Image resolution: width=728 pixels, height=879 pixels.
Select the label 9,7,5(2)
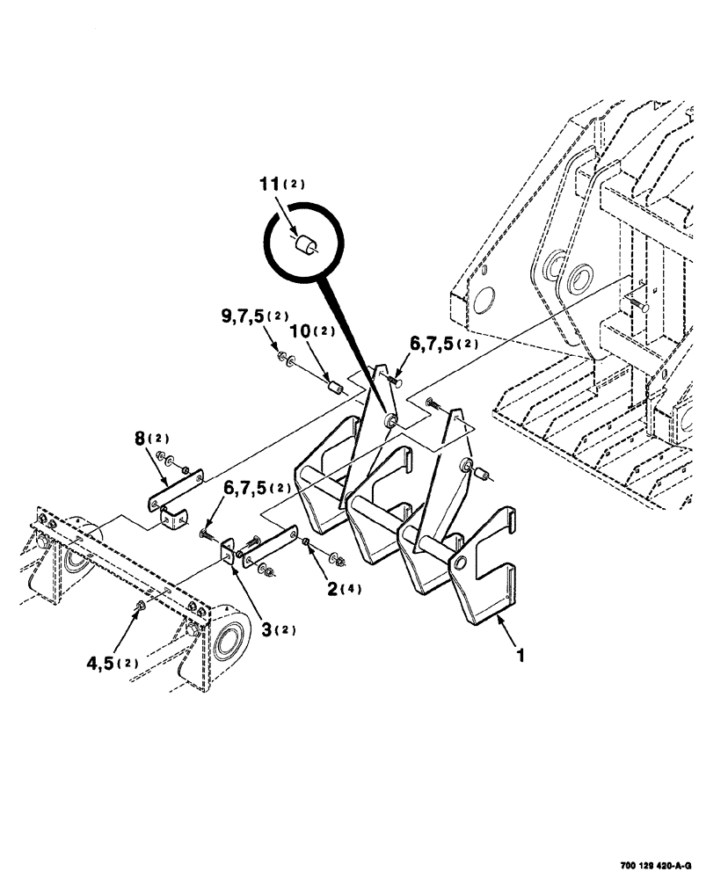(x=254, y=315)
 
